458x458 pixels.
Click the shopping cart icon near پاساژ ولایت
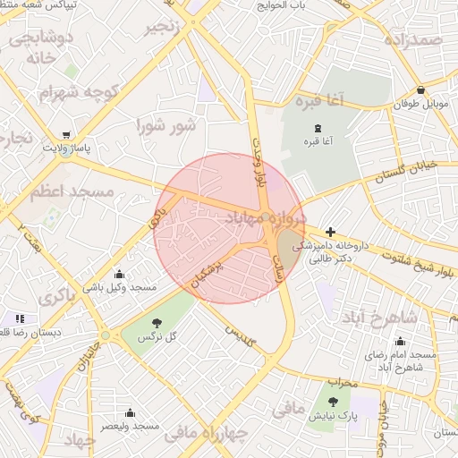tap(67, 135)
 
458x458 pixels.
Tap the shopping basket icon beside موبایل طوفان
tap(420, 89)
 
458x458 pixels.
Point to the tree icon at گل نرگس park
tap(157, 322)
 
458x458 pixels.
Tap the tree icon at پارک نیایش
tap(334, 402)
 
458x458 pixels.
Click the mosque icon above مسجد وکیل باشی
tap(120, 274)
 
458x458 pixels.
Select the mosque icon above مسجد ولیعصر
tap(131, 412)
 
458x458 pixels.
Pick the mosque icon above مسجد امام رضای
tap(399, 341)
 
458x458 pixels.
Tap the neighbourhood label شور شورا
tap(165, 126)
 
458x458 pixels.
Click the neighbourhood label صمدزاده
tap(413, 40)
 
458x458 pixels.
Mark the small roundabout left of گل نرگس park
tap(106, 335)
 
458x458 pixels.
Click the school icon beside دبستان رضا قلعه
tap(20, 318)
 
